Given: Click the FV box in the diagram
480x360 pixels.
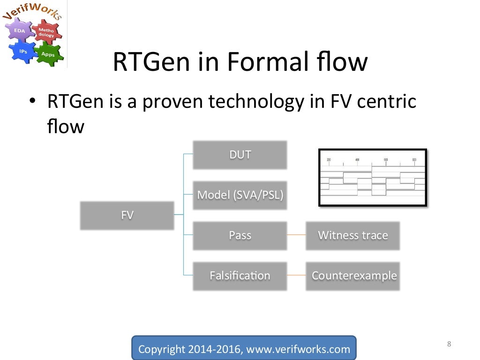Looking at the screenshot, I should pos(127,216).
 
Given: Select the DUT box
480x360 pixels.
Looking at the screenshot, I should pos(240,155).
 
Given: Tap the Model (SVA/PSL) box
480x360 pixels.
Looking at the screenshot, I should pos(240,195).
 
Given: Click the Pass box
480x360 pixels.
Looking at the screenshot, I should pos(240,235).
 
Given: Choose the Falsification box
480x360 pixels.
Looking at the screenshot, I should pos(240,276).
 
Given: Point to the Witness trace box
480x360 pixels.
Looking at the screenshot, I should pos(352,235).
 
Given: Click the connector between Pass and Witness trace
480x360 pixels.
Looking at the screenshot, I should pos(296,235).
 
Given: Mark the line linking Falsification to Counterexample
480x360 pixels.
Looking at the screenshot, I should pos(296,276).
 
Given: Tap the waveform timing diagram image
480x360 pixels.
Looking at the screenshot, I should pos(373,178).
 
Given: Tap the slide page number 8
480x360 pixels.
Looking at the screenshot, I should pos(449,344).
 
